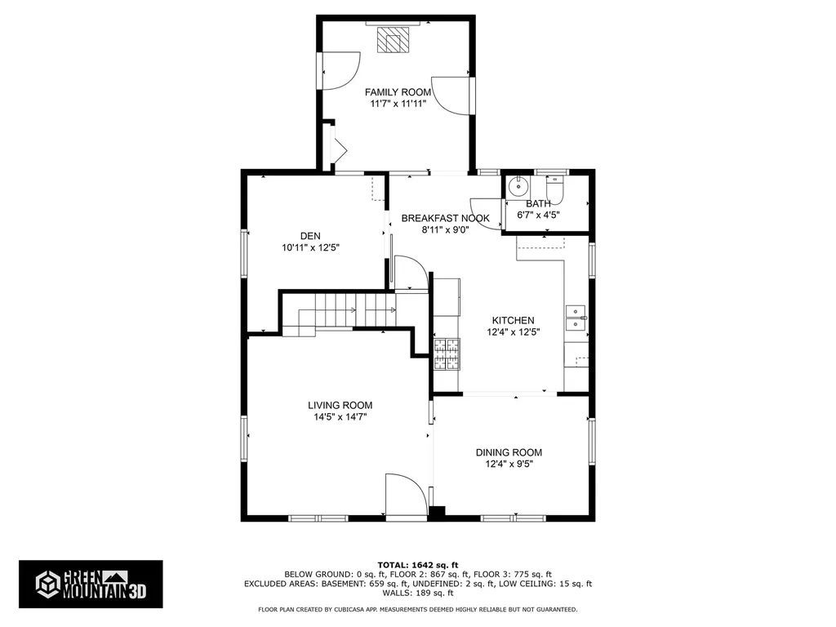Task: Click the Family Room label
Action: (398, 92)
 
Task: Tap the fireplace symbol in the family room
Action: (393, 39)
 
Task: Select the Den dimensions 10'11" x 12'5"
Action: (310, 248)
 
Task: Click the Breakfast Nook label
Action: (445, 218)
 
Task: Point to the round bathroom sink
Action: (517, 187)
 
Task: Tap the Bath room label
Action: (538, 203)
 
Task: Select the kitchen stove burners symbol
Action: (447, 354)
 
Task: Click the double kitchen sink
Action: (576, 318)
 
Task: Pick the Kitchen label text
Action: (513, 320)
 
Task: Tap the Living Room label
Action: (340, 405)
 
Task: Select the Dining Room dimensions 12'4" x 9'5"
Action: (509, 464)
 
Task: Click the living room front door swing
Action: (407, 494)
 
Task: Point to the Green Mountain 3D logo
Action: (91, 585)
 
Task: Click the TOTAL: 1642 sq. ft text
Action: (418, 565)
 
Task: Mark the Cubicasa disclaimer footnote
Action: (418, 609)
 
